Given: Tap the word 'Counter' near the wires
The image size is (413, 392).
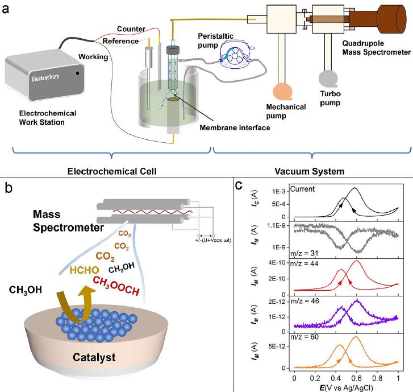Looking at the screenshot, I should pos(131,29).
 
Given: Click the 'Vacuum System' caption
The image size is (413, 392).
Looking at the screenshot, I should pos(308,170).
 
